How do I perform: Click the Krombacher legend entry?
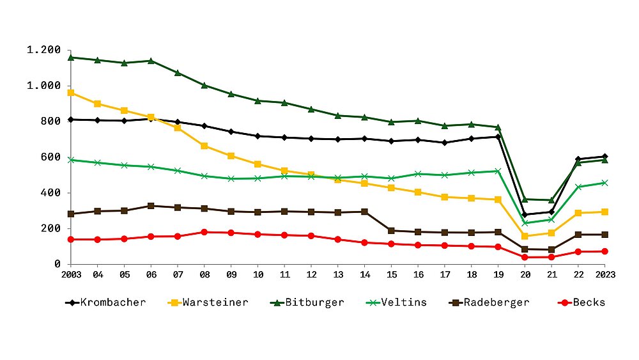pos(105,302)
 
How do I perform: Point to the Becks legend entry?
pos(581,302)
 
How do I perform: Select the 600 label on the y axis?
pos(50,157)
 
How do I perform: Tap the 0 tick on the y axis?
pos(58,264)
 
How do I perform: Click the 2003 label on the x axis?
pos(70,276)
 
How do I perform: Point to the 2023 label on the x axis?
pos(604,276)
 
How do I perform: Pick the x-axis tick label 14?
pos(364,276)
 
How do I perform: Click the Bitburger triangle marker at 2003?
pos(70,58)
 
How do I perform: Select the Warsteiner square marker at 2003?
pos(70,93)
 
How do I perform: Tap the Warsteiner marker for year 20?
pos(525,236)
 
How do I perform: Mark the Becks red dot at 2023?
pos(604,251)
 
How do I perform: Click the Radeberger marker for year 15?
pos(391,230)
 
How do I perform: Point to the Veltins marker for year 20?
pos(525,223)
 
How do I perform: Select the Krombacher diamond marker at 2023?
pos(604,156)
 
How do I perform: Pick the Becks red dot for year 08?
pos(204,232)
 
